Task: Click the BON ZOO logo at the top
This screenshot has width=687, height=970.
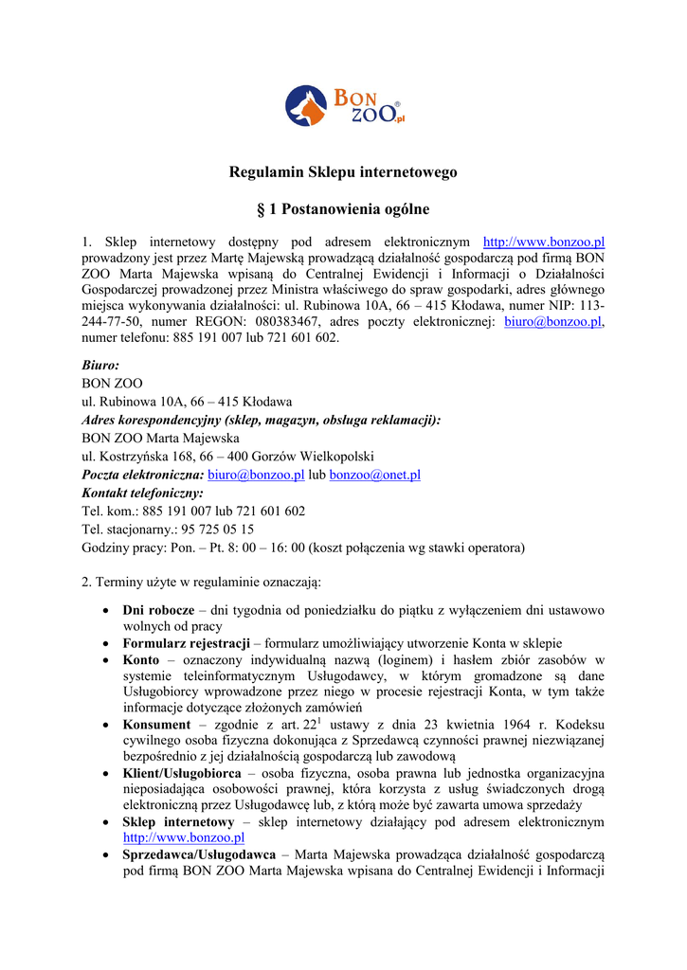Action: [343, 106]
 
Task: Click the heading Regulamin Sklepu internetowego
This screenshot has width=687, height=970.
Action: [343, 172]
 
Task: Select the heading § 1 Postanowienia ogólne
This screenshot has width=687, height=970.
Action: [343, 208]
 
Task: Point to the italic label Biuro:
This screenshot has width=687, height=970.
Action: [100, 365]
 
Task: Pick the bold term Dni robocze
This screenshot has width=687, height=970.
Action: [158, 611]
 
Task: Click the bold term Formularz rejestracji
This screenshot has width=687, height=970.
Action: [186, 643]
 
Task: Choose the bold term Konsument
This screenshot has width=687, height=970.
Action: [157, 725]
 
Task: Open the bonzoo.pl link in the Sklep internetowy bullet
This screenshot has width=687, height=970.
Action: [184, 838]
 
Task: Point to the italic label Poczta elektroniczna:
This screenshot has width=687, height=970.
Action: [143, 475]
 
